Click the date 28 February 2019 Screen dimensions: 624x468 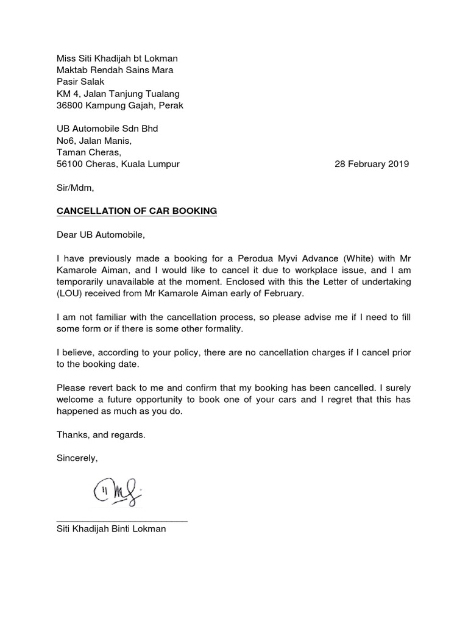372,164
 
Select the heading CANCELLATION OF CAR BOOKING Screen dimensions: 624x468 136,211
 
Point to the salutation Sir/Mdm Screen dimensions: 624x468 76,188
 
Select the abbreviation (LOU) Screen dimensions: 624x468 71,293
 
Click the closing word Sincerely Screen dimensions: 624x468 77,458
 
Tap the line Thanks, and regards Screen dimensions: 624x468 101,434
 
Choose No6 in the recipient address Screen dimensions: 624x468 65,141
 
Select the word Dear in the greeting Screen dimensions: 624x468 67,234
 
